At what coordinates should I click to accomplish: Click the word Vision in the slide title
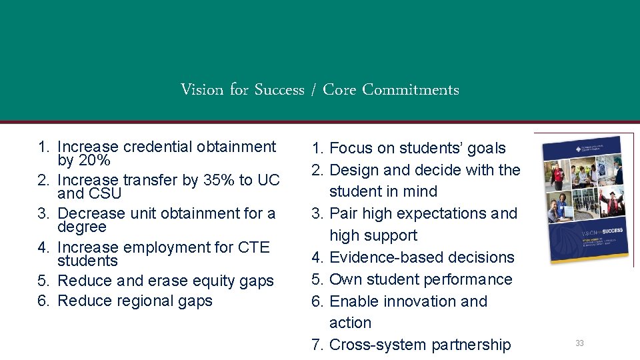click(202, 89)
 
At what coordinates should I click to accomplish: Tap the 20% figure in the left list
click(95, 161)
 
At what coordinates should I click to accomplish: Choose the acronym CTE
click(253, 247)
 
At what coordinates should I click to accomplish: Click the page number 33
click(579, 343)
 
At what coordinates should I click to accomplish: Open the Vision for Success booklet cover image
click(583, 199)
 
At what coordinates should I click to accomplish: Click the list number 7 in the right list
click(317, 345)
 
